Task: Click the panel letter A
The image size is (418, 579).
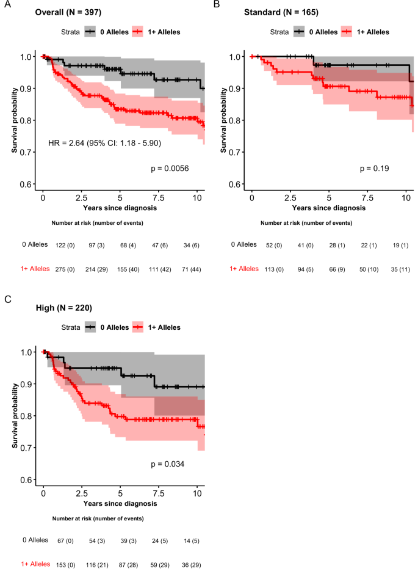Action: pyautogui.click(x=5, y=5)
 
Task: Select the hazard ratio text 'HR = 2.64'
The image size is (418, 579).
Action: pyautogui.click(x=68, y=143)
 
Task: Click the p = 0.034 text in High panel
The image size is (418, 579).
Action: pyautogui.click(x=168, y=464)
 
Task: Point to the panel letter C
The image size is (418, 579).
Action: pyautogui.click(x=5, y=300)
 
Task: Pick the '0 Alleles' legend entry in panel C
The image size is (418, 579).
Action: pyautogui.click(x=114, y=327)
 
